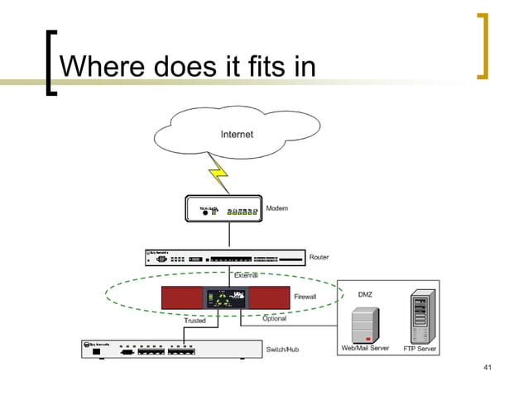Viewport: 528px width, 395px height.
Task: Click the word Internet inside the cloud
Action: [x=237, y=134]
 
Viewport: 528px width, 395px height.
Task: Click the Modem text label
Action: [x=277, y=208]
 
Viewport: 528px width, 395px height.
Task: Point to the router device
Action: [x=223, y=258]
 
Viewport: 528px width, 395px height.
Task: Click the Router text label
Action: [x=319, y=257]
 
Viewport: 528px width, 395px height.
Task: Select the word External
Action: [x=246, y=274]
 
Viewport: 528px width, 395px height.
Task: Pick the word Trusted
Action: [x=194, y=321]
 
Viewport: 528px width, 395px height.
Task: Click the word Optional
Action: [x=274, y=319]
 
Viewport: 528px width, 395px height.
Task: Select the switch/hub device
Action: [x=162, y=350]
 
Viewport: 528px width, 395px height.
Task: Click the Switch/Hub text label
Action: [x=282, y=350]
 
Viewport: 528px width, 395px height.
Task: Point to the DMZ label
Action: [x=365, y=294]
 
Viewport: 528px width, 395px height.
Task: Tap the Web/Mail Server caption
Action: [x=365, y=349]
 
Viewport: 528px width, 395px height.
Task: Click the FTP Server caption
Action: [x=420, y=349]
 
